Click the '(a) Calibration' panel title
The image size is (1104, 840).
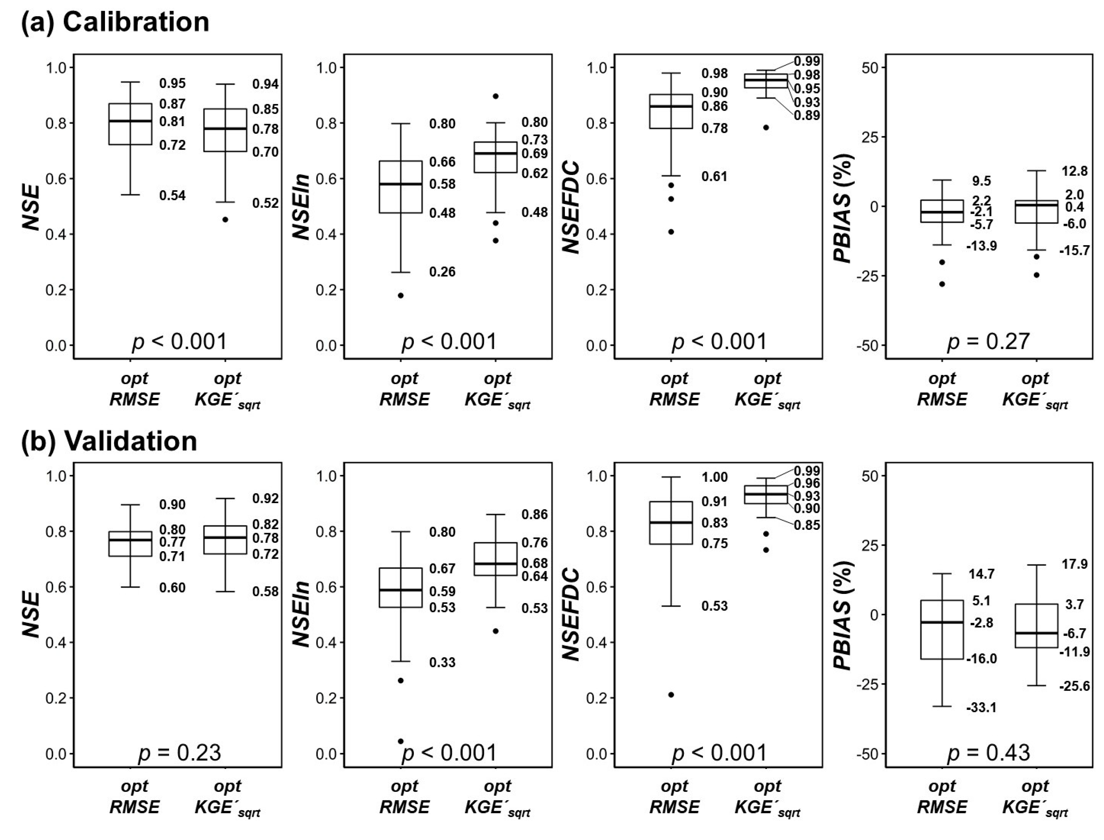pos(115,23)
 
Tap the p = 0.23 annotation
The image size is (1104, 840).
pos(179,753)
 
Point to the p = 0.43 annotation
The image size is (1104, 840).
pos(988,753)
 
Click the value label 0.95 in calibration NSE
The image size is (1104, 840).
pos(173,84)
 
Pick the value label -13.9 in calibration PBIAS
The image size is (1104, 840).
pos(981,246)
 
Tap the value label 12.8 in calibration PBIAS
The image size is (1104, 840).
pos(1074,172)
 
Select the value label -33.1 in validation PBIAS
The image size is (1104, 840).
pos(981,707)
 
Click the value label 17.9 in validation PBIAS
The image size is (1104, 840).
pos(1074,564)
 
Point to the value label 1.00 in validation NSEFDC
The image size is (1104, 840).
pos(715,477)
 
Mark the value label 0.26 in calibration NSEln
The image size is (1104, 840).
pos(442,272)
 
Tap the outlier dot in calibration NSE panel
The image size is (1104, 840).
pos(226,219)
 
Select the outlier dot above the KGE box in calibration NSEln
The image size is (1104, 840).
pos(496,96)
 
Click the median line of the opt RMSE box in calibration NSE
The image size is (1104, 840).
pos(130,121)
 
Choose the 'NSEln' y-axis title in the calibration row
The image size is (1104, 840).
pos(301,207)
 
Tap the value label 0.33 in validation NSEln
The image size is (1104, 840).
pos(442,663)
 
